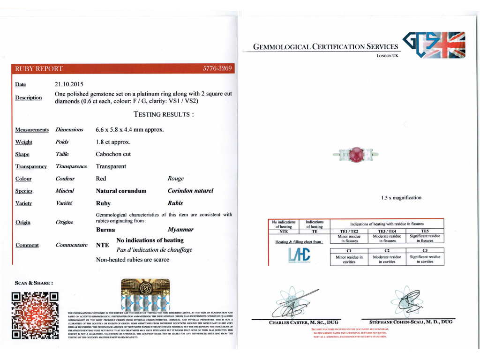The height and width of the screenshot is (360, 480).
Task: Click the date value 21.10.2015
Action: click(x=69, y=84)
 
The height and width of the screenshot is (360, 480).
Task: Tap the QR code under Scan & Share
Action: click(x=36, y=315)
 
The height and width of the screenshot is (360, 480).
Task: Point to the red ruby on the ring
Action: click(x=358, y=154)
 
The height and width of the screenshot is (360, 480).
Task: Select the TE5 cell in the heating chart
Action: click(x=425, y=231)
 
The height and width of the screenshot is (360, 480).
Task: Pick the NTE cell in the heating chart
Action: click(x=284, y=231)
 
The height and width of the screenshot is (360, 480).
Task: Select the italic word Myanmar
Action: click(x=180, y=230)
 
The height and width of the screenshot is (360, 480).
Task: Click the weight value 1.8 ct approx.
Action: click(x=113, y=142)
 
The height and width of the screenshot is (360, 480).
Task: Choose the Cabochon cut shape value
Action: click(x=113, y=154)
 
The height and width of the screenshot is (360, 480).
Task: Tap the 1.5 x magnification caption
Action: click(x=401, y=198)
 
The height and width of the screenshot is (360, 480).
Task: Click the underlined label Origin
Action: click(x=23, y=222)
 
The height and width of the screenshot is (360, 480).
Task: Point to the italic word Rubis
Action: click(x=175, y=203)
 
